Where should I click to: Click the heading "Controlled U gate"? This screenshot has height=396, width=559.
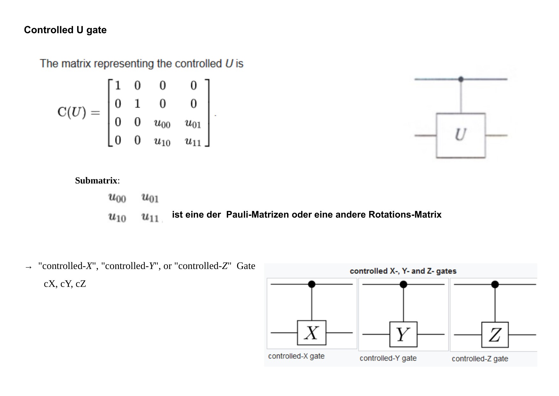pos(65,30)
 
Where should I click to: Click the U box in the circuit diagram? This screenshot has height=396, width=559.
pos(461,135)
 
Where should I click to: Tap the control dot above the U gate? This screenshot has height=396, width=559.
pos(461,79)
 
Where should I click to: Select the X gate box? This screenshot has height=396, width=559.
pos(311,333)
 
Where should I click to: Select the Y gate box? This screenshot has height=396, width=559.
pos(403,334)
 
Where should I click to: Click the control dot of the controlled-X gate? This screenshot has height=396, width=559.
pos(312,284)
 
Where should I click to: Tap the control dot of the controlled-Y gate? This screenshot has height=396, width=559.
pos(403,284)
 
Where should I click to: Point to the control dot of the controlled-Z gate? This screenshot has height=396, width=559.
pos(495,284)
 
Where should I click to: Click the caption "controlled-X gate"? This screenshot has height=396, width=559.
pos(296,356)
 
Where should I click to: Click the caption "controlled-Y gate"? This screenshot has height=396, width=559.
pos(388,358)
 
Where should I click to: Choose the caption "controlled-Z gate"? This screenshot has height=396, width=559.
pos(480,359)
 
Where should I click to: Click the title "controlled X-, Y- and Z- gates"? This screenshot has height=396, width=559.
pos(403,271)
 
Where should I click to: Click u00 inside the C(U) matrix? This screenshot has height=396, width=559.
pos(162,123)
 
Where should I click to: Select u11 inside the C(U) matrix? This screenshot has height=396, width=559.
pos(193,141)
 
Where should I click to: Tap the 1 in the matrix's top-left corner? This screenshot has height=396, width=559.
pos(118,86)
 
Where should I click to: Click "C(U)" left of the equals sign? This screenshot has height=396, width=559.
pos(72,112)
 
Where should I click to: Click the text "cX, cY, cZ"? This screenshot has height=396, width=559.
pos(65,284)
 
